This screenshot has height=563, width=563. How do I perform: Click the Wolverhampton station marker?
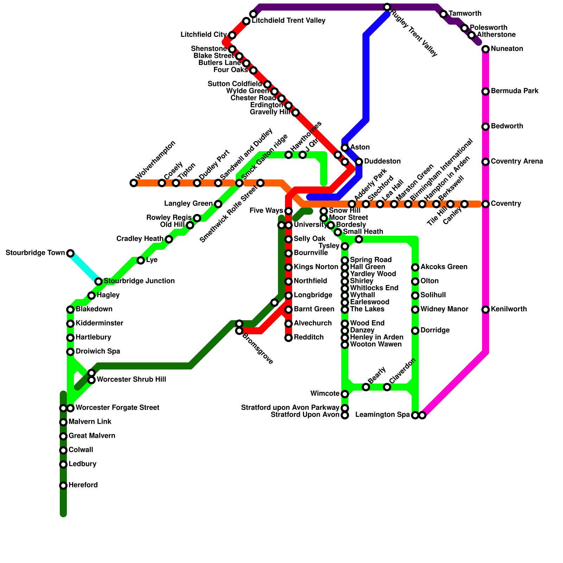[x=133, y=183]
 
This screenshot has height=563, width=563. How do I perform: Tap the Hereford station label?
[x=83, y=485]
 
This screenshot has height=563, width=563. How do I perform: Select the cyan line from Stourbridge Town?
[x=84, y=267]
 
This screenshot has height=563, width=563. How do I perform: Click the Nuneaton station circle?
[x=486, y=49]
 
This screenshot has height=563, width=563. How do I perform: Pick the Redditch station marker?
[x=289, y=338]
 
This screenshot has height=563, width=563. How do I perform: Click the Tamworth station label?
[x=465, y=14]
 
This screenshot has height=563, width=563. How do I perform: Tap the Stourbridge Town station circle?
[x=70, y=253]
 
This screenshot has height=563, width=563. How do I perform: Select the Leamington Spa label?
[x=382, y=415]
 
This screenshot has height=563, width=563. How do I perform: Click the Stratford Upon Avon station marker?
[x=345, y=415]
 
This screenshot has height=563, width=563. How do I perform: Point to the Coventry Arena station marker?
[x=486, y=162]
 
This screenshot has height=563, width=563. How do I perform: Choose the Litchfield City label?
[x=203, y=35]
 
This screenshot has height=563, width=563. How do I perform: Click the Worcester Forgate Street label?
[x=118, y=408]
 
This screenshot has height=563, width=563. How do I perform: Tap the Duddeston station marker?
[x=359, y=162]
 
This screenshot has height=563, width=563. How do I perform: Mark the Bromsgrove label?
[x=258, y=348]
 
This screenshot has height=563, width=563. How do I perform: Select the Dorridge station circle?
[x=415, y=331]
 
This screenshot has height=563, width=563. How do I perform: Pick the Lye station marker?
[x=141, y=260]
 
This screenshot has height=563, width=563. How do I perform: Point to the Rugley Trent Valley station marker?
[x=387, y=7]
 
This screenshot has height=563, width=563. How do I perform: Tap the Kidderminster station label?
[x=100, y=323]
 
